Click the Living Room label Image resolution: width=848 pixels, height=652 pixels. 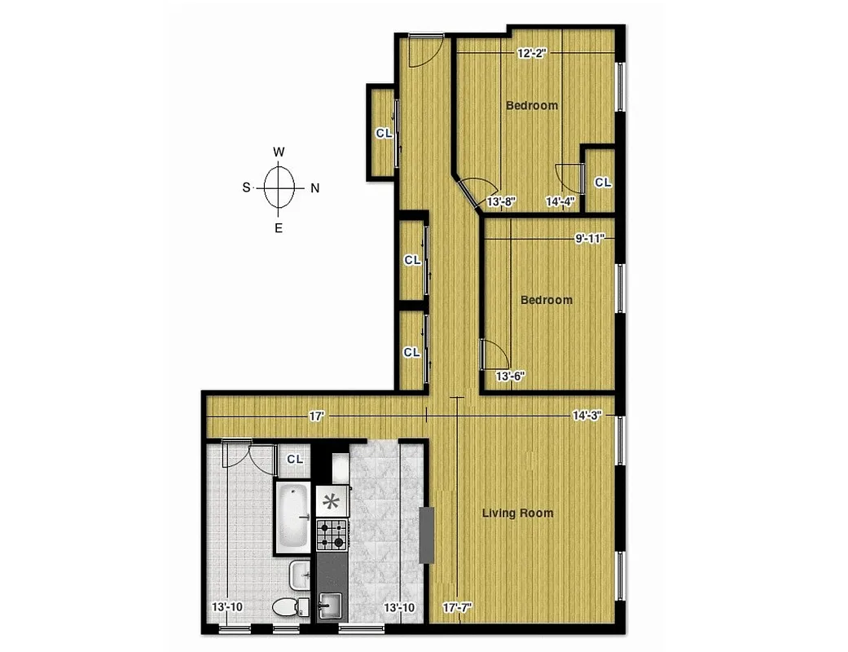coord(517,513)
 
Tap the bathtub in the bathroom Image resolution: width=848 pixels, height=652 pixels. coord(292,516)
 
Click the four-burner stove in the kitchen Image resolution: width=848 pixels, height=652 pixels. coord(332,535)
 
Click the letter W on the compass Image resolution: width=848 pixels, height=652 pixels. coord(279,152)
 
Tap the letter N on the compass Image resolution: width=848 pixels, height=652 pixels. coord(314,187)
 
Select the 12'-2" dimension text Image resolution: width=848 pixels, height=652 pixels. coord(531,53)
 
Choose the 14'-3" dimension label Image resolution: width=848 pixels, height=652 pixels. coord(587,416)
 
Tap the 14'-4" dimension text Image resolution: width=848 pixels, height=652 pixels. coord(560,201)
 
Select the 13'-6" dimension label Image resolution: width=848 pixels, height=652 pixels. coord(511,376)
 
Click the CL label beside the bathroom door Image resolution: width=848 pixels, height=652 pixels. coord(294,459)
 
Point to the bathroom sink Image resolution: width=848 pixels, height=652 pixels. coord(299,576)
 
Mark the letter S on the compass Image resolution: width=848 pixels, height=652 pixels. coord(246,187)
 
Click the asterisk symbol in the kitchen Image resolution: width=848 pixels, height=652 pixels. coord(332,501)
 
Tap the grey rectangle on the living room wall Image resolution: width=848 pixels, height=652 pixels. coord(427,535)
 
